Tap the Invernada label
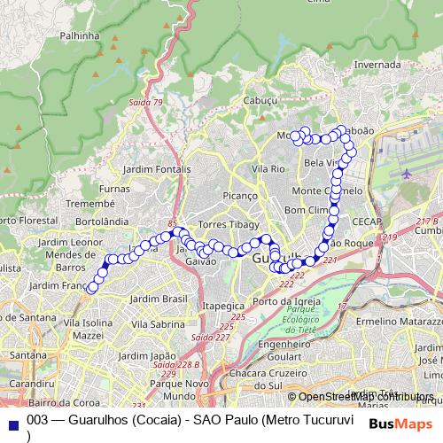click(x=377, y=65)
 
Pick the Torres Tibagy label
click(x=229, y=224)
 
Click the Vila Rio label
click(x=268, y=168)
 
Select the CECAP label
click(x=366, y=221)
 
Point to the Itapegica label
click(x=222, y=305)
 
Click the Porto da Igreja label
click(x=286, y=301)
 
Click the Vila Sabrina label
click(x=160, y=324)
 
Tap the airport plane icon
click(x=407, y=174)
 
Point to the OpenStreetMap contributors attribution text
click(x=363, y=396)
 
